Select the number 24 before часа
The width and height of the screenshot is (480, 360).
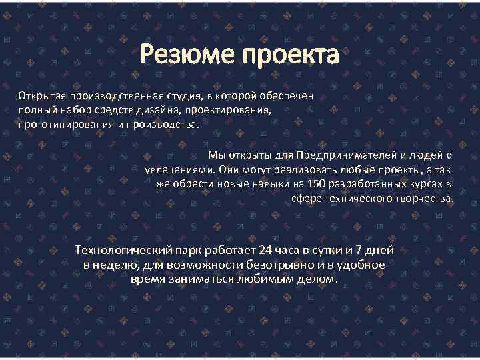click(265, 251)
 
